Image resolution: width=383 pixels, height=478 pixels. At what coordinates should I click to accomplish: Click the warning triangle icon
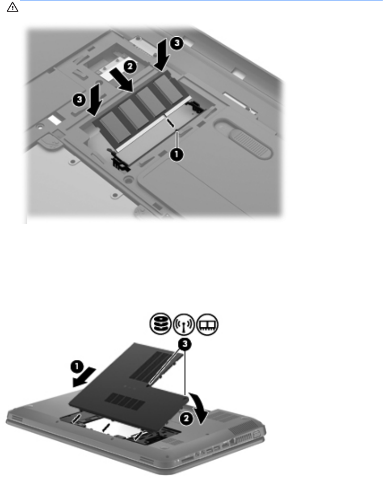13,7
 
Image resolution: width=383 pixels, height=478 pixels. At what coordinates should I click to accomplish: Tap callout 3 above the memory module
177,43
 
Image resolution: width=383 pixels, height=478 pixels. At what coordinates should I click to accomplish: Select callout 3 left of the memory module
79,99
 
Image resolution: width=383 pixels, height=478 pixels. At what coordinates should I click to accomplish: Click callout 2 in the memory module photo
130,66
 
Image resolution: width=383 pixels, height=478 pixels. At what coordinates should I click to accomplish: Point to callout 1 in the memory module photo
177,154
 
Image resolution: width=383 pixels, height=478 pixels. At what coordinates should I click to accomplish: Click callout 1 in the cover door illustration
77,367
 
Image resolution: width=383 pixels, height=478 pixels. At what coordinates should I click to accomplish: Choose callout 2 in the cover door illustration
186,418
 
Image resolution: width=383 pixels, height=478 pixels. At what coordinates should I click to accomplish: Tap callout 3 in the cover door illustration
185,345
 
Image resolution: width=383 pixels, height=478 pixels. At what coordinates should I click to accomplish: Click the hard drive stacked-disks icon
160,324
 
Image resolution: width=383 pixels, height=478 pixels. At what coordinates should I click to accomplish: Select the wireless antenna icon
184,324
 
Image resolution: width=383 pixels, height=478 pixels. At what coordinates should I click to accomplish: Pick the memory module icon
207,324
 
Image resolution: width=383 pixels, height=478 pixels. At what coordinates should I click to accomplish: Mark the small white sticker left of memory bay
55,120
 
